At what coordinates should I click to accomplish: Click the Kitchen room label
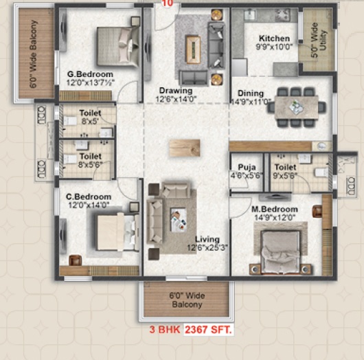[x=275, y=38]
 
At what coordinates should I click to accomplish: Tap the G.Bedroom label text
[x=90, y=74]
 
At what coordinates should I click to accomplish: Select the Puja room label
[x=247, y=167]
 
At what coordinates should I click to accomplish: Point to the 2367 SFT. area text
[x=209, y=330]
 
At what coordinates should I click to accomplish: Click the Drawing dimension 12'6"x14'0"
[x=177, y=100]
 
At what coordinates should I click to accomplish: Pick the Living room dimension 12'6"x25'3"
[x=207, y=247]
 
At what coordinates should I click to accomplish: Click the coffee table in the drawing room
[x=193, y=49]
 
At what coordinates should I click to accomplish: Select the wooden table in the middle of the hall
[x=185, y=148]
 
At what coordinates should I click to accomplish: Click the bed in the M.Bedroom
[x=280, y=251]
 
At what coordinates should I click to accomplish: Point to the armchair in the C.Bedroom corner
[x=76, y=260]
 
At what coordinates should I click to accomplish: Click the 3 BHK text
[x=165, y=330]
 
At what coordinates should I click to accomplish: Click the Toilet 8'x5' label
[x=90, y=117]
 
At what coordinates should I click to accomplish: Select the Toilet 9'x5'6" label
[x=285, y=171]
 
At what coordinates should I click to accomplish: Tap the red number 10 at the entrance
[x=168, y=3]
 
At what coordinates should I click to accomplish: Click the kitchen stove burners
[x=283, y=14]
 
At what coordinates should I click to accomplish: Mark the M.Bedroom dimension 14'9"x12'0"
[x=275, y=218]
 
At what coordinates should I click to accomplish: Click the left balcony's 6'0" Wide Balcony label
[x=34, y=54]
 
